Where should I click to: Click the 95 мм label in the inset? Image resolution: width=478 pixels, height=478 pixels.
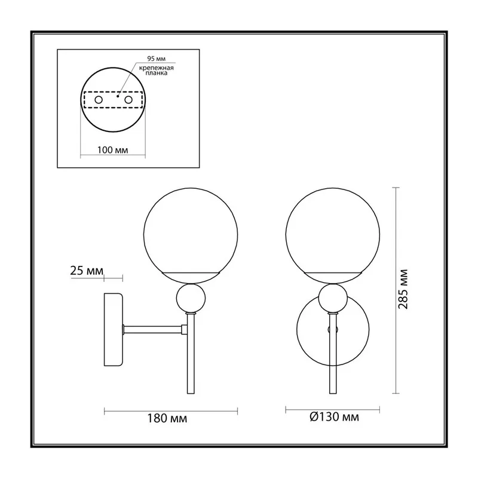(x=156, y=59)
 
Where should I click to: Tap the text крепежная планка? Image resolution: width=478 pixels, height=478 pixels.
(x=157, y=71)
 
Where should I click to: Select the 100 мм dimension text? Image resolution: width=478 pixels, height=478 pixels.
(x=112, y=150)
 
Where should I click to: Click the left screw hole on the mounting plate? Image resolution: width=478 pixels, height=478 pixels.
(x=99, y=100)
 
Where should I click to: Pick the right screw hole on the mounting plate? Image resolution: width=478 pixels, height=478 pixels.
(x=128, y=100)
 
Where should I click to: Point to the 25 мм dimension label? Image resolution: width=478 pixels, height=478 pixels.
(x=87, y=271)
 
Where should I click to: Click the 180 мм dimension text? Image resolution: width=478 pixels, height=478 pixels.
(x=167, y=418)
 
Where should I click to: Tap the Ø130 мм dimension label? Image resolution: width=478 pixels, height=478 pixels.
(x=334, y=416)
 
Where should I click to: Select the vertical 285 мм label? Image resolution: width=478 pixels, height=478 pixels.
(x=403, y=289)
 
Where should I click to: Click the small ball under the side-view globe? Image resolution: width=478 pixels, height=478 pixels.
(x=191, y=298)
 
